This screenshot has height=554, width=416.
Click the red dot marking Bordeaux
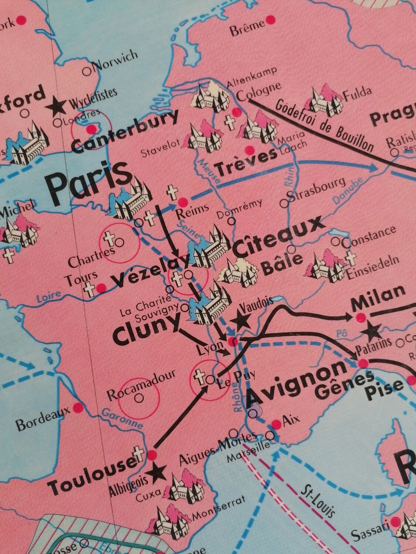78,407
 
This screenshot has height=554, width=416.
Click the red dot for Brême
271,18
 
